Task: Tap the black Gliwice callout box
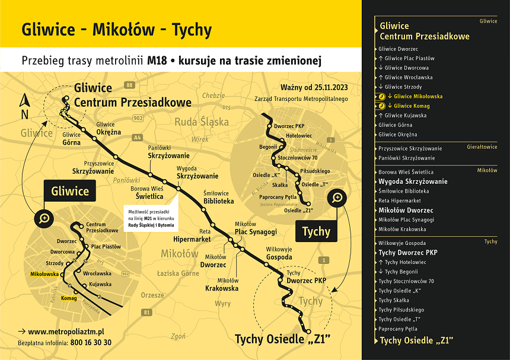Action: coord(70,192)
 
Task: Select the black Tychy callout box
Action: coord(316,231)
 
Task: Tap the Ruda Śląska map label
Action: coord(201,122)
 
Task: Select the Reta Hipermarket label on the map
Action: coord(192,235)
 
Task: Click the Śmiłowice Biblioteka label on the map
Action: coord(218,197)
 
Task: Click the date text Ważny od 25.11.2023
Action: coord(315,89)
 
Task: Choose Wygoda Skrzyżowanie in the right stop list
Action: coord(413,181)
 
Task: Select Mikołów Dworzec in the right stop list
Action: coord(406,210)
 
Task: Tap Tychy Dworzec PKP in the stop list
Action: coord(408,253)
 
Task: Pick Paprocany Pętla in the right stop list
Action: coord(398,329)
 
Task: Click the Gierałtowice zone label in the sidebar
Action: coord(482,146)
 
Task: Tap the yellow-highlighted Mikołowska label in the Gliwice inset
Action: coord(44,274)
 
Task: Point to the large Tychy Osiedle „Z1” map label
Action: coord(282,339)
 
